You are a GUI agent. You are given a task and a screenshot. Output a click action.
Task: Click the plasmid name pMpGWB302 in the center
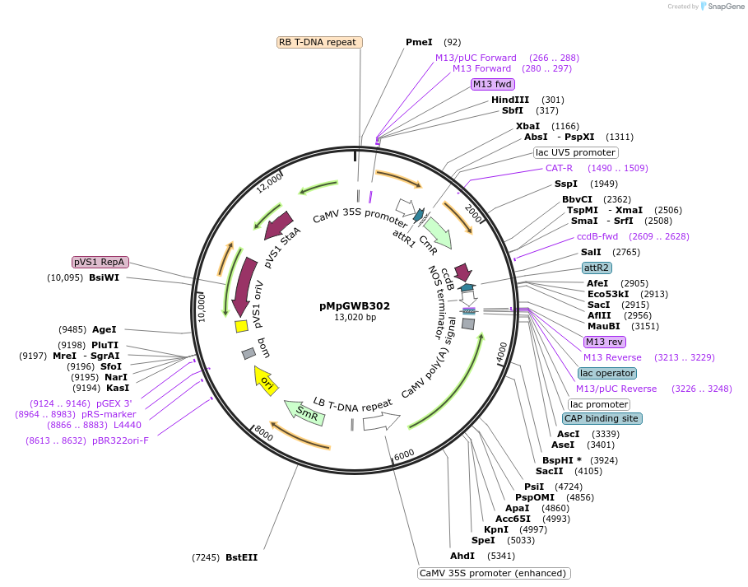[x=355, y=305]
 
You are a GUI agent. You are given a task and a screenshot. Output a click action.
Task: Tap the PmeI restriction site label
[x=419, y=42]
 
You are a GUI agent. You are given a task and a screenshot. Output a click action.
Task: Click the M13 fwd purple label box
[x=492, y=84]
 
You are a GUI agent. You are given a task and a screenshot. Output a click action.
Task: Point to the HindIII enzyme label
[x=510, y=100]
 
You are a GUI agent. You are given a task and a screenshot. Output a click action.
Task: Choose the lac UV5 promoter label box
[x=575, y=152]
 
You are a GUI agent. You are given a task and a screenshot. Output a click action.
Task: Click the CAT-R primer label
[x=559, y=168]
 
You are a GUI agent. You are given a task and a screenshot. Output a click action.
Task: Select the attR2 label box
[x=596, y=268]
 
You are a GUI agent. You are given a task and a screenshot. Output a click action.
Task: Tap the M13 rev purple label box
[x=604, y=342]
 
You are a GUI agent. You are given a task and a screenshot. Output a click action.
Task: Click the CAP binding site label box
[x=603, y=418]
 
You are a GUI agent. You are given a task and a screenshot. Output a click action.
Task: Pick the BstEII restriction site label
[x=241, y=557]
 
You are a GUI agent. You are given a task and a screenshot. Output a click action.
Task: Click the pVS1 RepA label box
[x=100, y=262]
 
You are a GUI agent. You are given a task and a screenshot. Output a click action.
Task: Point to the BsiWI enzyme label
[x=104, y=277]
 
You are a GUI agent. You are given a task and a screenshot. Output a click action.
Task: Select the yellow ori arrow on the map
[x=266, y=380]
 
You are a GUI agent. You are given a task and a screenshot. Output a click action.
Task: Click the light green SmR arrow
[x=304, y=412]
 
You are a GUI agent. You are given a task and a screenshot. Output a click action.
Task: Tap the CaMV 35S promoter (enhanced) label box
[x=494, y=573]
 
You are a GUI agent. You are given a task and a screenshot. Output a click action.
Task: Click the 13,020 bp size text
[x=355, y=318]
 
